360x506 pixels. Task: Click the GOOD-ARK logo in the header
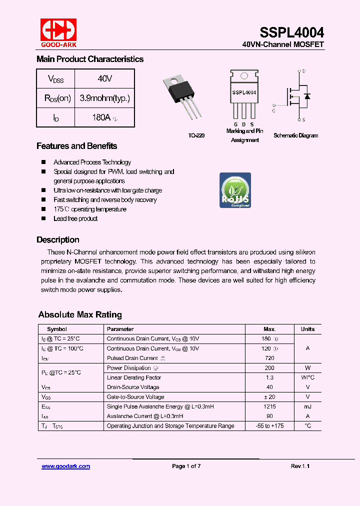(58, 32)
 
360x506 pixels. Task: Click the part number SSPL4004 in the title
(291, 32)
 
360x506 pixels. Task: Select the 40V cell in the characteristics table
(104, 79)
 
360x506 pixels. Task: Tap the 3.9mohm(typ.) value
(104, 98)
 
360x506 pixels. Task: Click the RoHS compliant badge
(235, 190)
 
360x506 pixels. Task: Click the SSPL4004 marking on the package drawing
(244, 92)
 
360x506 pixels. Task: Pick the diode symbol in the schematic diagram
(307, 96)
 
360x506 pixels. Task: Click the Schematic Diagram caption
(295, 135)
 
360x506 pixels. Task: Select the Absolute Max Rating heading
(80, 314)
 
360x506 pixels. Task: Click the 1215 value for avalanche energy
(269, 406)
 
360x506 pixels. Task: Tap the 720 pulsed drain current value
(269, 358)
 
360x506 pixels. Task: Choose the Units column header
(307, 329)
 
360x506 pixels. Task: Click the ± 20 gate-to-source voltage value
(269, 397)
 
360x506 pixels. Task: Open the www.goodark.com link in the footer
(65, 466)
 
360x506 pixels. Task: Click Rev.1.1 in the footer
(300, 466)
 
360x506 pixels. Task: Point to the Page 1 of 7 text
(186, 466)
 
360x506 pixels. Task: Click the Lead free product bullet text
(75, 218)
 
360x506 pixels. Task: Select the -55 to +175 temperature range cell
(269, 426)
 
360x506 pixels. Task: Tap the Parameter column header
(120, 329)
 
